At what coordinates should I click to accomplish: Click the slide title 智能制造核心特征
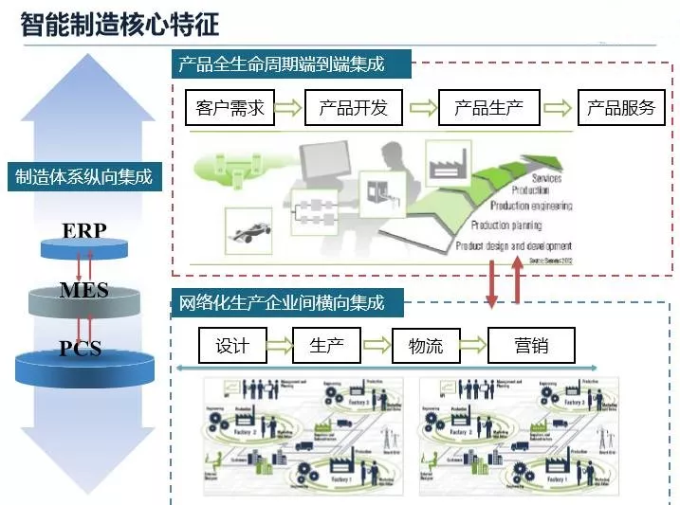119,23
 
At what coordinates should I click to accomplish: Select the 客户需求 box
230,107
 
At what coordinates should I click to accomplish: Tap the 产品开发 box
354,107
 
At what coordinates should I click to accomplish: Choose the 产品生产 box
488,107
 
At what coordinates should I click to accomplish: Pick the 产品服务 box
621,107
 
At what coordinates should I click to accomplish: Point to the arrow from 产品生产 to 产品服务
560,107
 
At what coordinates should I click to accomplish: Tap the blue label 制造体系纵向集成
83,177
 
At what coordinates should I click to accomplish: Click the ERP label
84,230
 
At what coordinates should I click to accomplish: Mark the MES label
84,289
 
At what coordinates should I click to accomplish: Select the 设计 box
232,345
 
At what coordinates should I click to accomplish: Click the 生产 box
326,345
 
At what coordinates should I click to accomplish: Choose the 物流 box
425,345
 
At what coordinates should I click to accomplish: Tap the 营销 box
530,345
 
